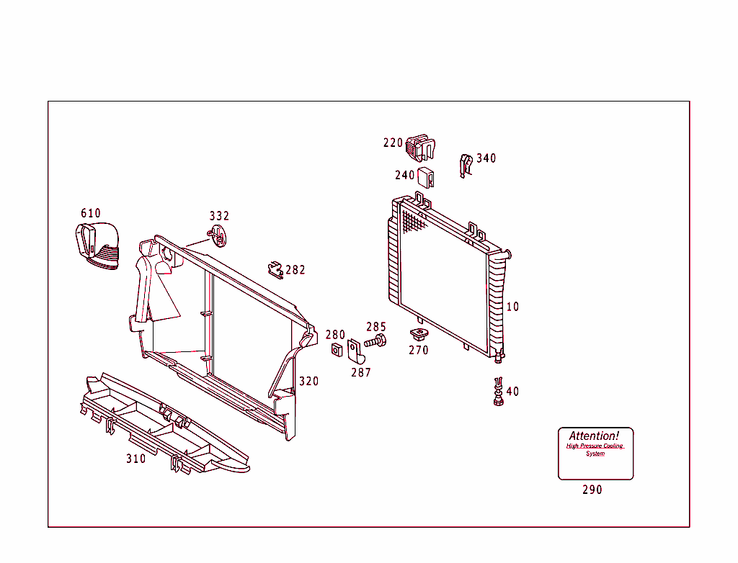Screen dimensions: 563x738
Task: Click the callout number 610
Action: pyautogui.click(x=91, y=213)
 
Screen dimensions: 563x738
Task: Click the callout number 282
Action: pyautogui.click(x=295, y=270)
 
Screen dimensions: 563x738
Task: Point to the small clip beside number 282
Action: pyautogui.click(x=275, y=269)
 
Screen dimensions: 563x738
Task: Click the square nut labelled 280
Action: pyautogui.click(x=335, y=350)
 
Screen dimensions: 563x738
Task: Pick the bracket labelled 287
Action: pyautogui.click(x=355, y=351)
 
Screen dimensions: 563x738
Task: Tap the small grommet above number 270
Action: pyautogui.click(x=417, y=333)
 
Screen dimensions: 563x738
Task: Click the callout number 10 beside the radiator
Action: pyautogui.click(x=512, y=307)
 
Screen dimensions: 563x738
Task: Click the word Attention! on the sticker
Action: pyautogui.click(x=594, y=436)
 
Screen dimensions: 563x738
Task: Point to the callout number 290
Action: pyautogui.click(x=592, y=490)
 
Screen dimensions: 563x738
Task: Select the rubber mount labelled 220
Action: pyautogui.click(x=421, y=147)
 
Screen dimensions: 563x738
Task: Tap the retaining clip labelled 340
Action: pyautogui.click(x=466, y=165)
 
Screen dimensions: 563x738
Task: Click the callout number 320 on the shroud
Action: pyautogui.click(x=309, y=381)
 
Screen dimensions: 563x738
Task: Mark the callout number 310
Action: pyautogui.click(x=135, y=459)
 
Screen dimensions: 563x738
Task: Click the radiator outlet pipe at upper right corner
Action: pyautogui.click(x=507, y=253)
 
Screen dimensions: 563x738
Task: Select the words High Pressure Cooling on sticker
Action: pyautogui.click(x=595, y=446)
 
